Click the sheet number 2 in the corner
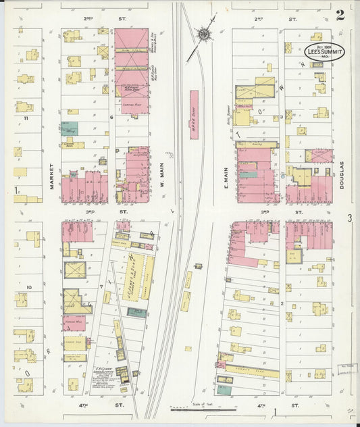point(340,15)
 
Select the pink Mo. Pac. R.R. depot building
point(194,115)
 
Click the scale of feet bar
point(203,409)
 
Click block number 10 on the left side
point(29,288)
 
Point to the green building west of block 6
point(70,128)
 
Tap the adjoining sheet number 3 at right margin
point(350,218)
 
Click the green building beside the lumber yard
point(136,312)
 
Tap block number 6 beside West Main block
point(111,117)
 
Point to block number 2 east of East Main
point(280,303)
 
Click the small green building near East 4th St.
point(224,389)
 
